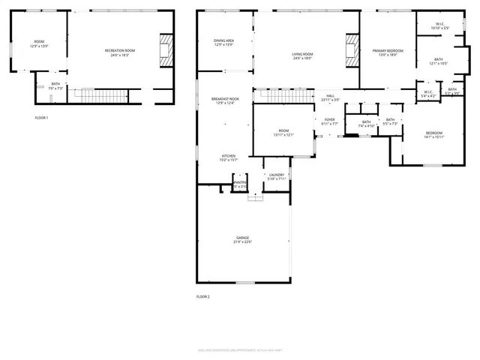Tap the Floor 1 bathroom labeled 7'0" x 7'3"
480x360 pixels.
click(x=55, y=86)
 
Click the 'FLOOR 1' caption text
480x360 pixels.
click(x=41, y=118)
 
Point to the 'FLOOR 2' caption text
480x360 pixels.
click(x=203, y=297)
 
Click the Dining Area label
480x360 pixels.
click(x=223, y=43)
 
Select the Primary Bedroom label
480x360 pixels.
click(x=388, y=52)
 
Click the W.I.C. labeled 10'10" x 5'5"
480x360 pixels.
click(x=439, y=26)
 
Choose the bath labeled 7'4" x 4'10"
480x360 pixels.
click(x=366, y=124)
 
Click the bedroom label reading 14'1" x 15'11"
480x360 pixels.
click(x=434, y=135)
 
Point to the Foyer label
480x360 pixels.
click(x=330, y=121)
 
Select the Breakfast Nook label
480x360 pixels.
click(x=225, y=100)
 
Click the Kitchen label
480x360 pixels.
click(x=229, y=158)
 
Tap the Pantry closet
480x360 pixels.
click(x=240, y=184)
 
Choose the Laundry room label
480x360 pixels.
click(x=277, y=176)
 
